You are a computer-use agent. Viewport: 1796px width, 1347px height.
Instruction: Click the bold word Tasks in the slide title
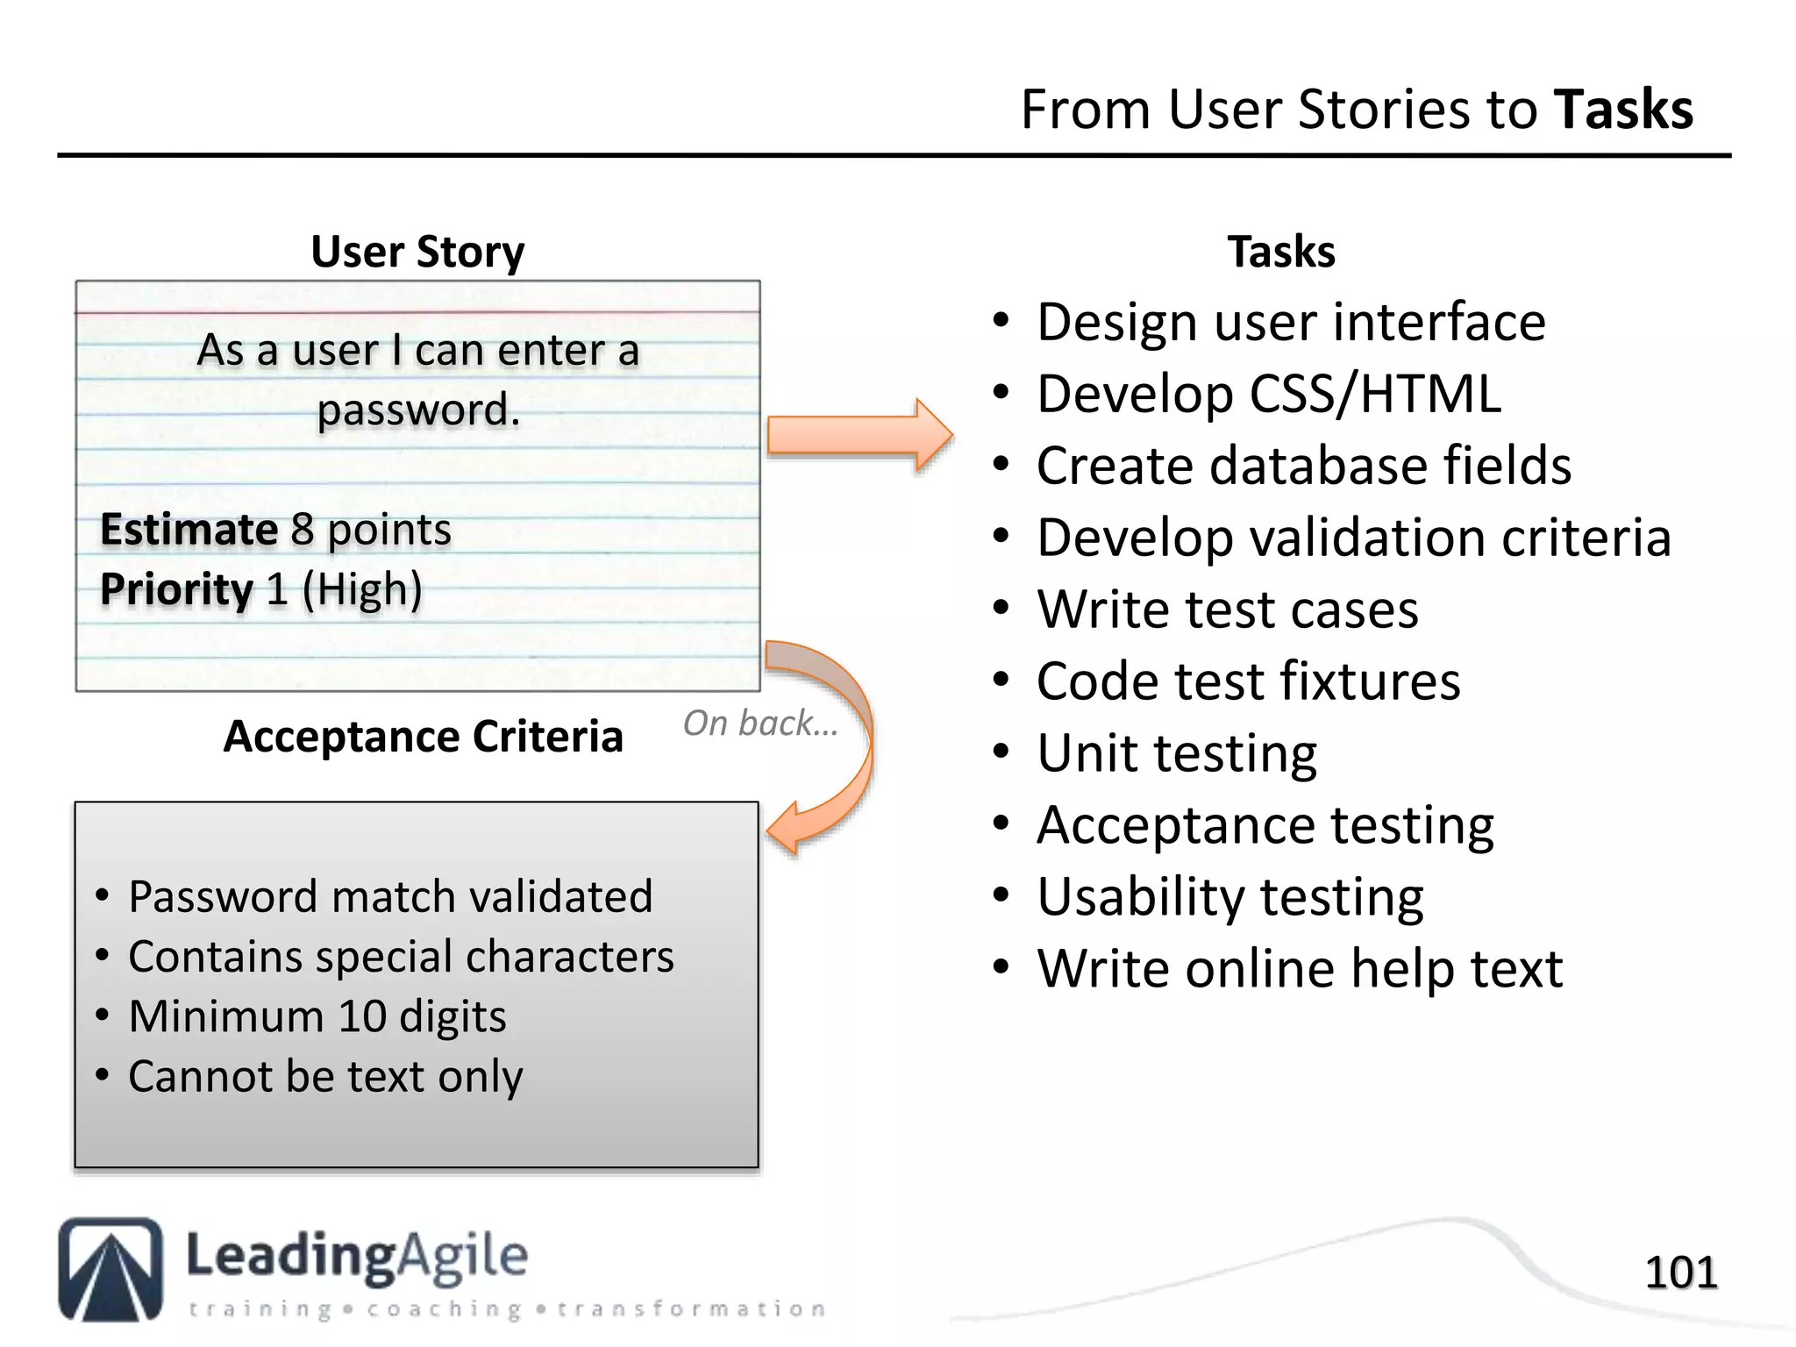pyautogui.click(x=1623, y=110)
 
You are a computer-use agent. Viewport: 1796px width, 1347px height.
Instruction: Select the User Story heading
pyautogui.click(x=417, y=253)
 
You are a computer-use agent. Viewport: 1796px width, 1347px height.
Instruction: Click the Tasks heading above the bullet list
pyautogui.click(x=1280, y=253)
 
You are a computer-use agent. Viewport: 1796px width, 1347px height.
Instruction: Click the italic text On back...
pyautogui.click(x=759, y=723)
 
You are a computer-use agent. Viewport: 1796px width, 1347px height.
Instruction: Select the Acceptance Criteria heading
pyautogui.click(x=423, y=737)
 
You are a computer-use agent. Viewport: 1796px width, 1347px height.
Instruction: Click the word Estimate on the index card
pyautogui.click(x=189, y=530)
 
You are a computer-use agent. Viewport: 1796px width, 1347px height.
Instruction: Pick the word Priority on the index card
pyautogui.click(x=176, y=589)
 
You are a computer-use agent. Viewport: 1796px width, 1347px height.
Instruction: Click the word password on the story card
pyautogui.click(x=418, y=410)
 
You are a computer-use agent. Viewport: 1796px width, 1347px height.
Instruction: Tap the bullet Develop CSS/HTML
pyautogui.click(x=1268, y=394)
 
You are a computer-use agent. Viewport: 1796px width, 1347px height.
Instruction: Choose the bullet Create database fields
pyautogui.click(x=1303, y=466)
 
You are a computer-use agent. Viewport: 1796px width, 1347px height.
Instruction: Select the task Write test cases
pyautogui.click(x=1227, y=609)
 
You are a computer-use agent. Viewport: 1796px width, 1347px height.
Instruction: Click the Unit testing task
pyautogui.click(x=1176, y=753)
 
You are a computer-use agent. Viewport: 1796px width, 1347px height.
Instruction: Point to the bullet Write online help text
pyautogui.click(x=1299, y=969)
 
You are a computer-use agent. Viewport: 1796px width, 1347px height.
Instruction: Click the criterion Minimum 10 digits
pyautogui.click(x=317, y=1017)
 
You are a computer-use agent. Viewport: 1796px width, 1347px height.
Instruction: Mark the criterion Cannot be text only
pyautogui.click(x=325, y=1077)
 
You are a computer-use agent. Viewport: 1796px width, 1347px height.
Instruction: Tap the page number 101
pyautogui.click(x=1680, y=1272)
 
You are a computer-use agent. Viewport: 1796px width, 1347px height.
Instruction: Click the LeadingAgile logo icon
pyautogui.click(x=110, y=1269)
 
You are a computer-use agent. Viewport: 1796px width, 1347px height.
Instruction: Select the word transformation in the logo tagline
pyautogui.click(x=691, y=1309)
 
